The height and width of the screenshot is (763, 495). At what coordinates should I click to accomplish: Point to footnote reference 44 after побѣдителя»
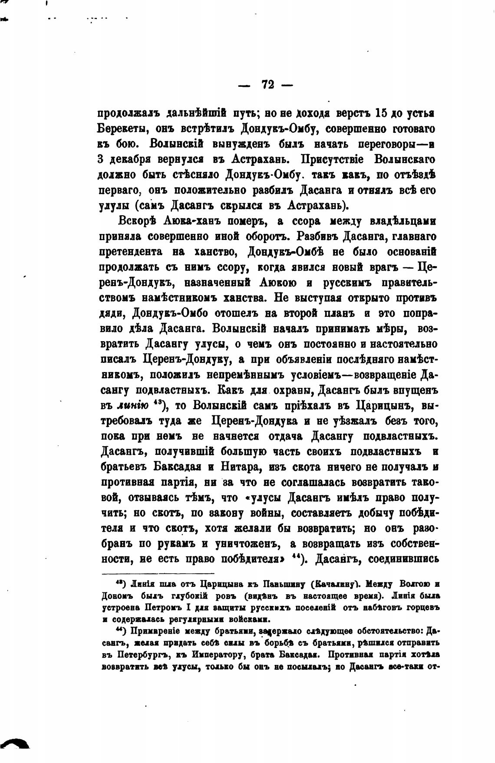click(x=299, y=557)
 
